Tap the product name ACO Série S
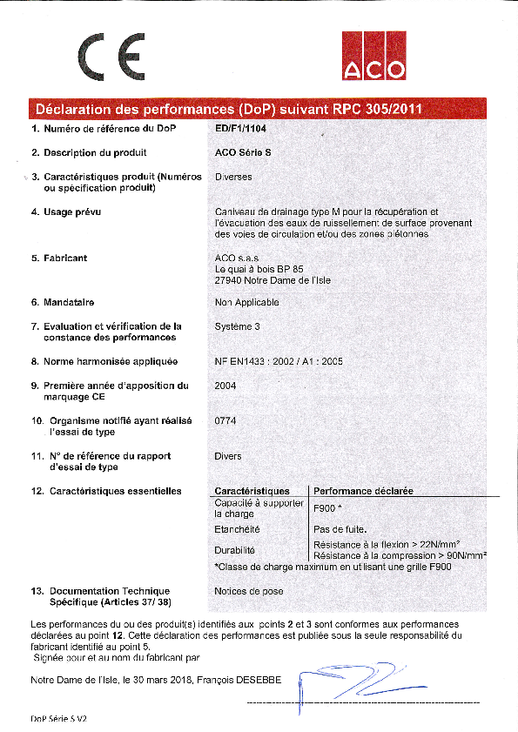pyautogui.click(x=243, y=152)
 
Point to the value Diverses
pyautogui.click(x=233, y=177)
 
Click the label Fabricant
pyautogui.click(x=65, y=258)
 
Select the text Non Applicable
pyautogui.click(x=246, y=303)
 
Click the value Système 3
pyautogui.click(x=237, y=326)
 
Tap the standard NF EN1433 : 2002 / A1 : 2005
pyautogui.click(x=278, y=361)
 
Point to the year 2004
pyautogui.click(x=225, y=385)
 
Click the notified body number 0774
pyautogui.click(x=225, y=420)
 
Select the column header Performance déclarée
pyautogui.click(x=363, y=491)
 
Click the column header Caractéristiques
pyautogui.click(x=252, y=491)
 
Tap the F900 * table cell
pyautogui.click(x=327, y=508)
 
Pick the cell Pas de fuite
pyautogui.click(x=340, y=529)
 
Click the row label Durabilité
pyautogui.click(x=234, y=550)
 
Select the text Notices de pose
pyautogui.click(x=249, y=591)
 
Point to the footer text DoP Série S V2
pyautogui.click(x=59, y=720)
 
